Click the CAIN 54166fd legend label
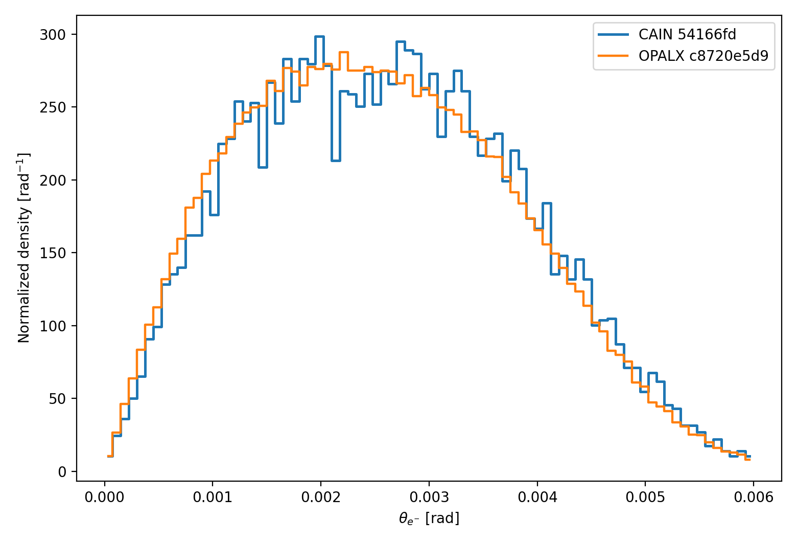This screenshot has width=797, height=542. click(x=687, y=35)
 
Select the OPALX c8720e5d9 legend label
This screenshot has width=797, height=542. click(x=704, y=56)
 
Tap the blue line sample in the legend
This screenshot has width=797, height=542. click(x=614, y=35)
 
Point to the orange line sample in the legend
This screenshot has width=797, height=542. click(x=614, y=56)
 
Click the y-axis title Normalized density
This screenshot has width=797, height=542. click(x=24, y=248)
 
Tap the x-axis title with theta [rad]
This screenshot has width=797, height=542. click(x=429, y=518)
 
